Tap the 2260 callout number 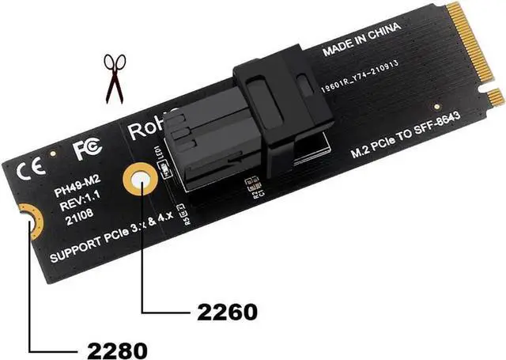coord(224,311)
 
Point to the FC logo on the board coord(85,149)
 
